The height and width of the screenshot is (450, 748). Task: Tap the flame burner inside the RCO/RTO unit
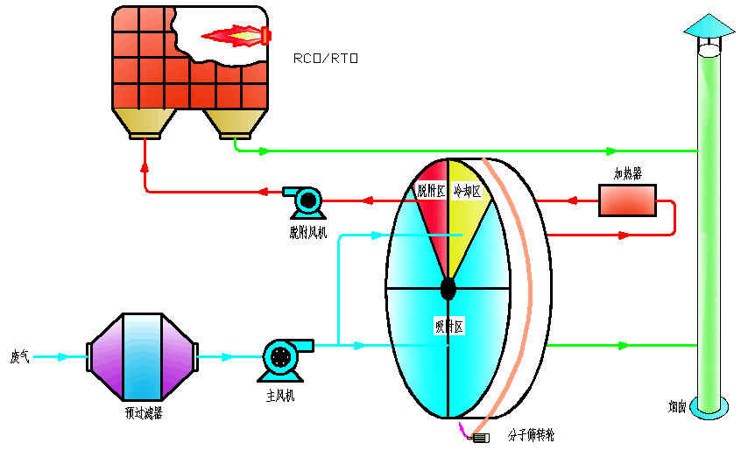tap(237, 36)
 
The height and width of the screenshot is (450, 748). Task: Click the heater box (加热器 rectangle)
tap(627, 200)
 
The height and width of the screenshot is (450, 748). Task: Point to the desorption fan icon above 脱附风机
tap(307, 201)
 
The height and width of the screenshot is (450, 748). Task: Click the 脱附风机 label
tap(307, 232)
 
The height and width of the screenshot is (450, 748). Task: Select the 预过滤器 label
tap(144, 411)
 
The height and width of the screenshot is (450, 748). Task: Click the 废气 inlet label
tap(19, 357)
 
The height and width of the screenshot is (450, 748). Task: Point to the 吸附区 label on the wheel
tap(448, 327)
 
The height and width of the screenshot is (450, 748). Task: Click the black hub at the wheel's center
tap(448, 287)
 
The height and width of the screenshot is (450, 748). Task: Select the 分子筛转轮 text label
tap(531, 434)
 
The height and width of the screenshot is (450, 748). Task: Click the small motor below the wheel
tap(480, 436)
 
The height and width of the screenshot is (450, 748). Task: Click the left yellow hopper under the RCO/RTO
tap(145, 123)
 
